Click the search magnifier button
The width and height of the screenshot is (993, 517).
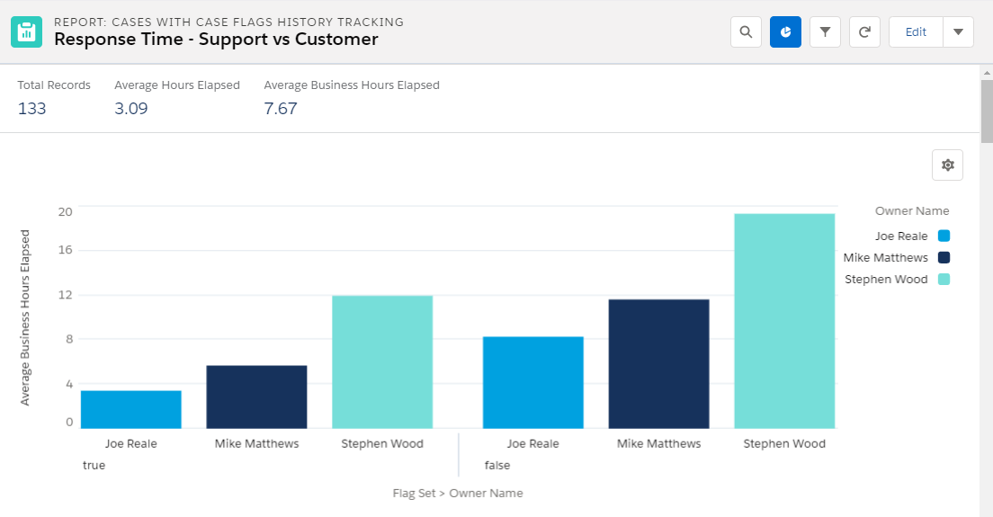click(x=746, y=32)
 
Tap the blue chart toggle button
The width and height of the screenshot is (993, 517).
click(x=785, y=32)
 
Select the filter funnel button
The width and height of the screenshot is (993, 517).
click(x=825, y=32)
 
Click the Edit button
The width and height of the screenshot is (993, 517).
click(x=916, y=32)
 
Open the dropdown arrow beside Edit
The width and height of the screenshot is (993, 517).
click(x=958, y=32)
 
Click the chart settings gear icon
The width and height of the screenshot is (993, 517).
click(x=947, y=165)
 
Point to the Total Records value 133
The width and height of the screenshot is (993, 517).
click(x=31, y=109)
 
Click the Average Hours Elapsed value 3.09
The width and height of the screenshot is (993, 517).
click(x=131, y=109)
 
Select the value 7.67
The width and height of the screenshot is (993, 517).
click(x=281, y=109)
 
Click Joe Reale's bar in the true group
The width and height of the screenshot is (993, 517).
click(x=131, y=409)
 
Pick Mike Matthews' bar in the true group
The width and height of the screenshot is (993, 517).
click(x=256, y=397)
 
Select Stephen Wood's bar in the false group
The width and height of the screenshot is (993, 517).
click(x=784, y=321)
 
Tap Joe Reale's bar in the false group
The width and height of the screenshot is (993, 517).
click(x=533, y=382)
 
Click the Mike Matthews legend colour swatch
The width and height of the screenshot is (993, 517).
click(x=944, y=257)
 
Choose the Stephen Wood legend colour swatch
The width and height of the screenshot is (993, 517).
click(x=944, y=279)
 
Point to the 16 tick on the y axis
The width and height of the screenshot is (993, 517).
click(x=66, y=250)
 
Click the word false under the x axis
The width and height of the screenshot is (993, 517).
click(x=497, y=465)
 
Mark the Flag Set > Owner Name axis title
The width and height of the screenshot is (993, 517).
click(x=458, y=493)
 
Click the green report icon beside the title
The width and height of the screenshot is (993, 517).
click(x=27, y=32)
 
